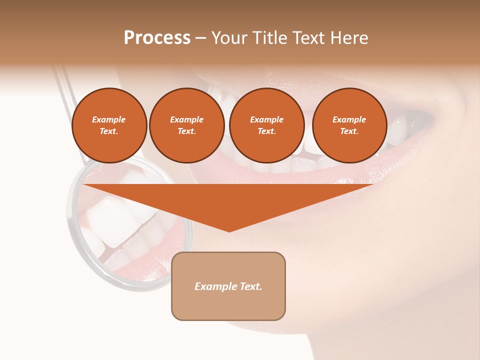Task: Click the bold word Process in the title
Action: pyautogui.click(x=157, y=38)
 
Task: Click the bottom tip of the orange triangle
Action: pyautogui.click(x=229, y=230)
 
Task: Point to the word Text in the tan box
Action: pyautogui.click(x=250, y=286)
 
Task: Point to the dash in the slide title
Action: pyautogui.click(x=200, y=38)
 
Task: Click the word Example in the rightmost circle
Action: pyautogui.click(x=349, y=119)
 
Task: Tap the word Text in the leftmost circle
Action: pyautogui.click(x=109, y=131)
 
